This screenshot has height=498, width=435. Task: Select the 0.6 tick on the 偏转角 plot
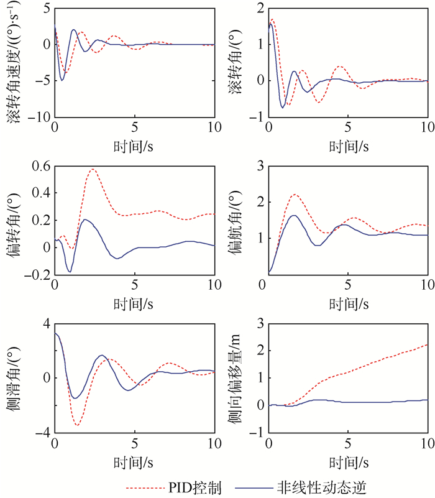39,166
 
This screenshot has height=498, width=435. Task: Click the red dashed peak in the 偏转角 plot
93,169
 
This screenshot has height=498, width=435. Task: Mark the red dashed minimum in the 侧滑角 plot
77,425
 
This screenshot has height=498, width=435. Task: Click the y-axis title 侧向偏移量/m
233,377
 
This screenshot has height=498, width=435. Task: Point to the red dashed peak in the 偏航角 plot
295,195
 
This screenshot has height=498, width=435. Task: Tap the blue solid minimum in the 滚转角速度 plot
62,80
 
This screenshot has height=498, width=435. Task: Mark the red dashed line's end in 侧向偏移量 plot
428,344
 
